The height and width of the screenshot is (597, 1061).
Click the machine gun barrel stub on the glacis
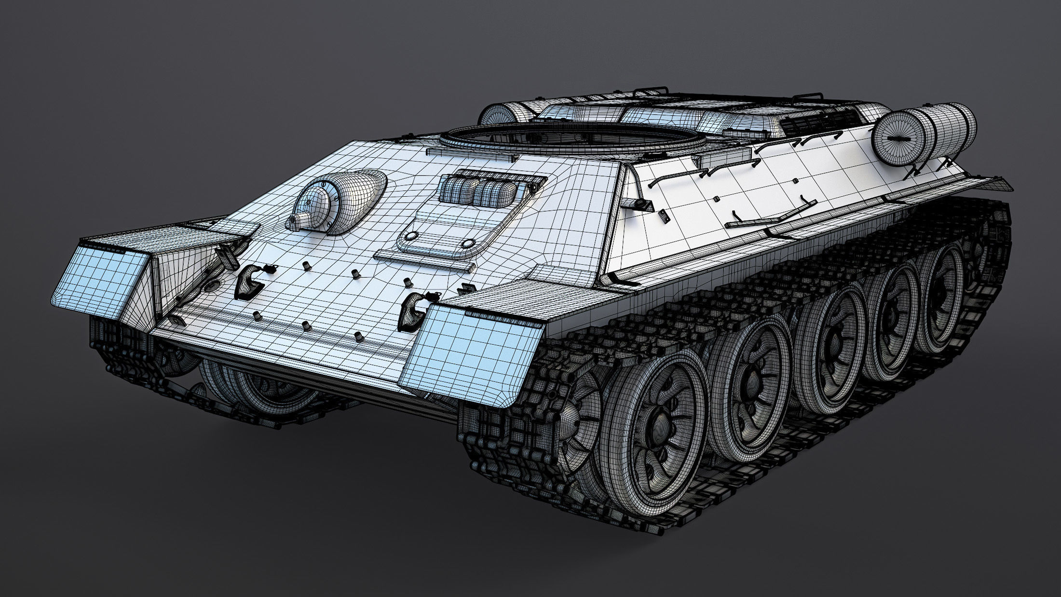(x=296, y=221)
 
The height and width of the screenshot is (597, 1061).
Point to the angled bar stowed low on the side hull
(x=772, y=212)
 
